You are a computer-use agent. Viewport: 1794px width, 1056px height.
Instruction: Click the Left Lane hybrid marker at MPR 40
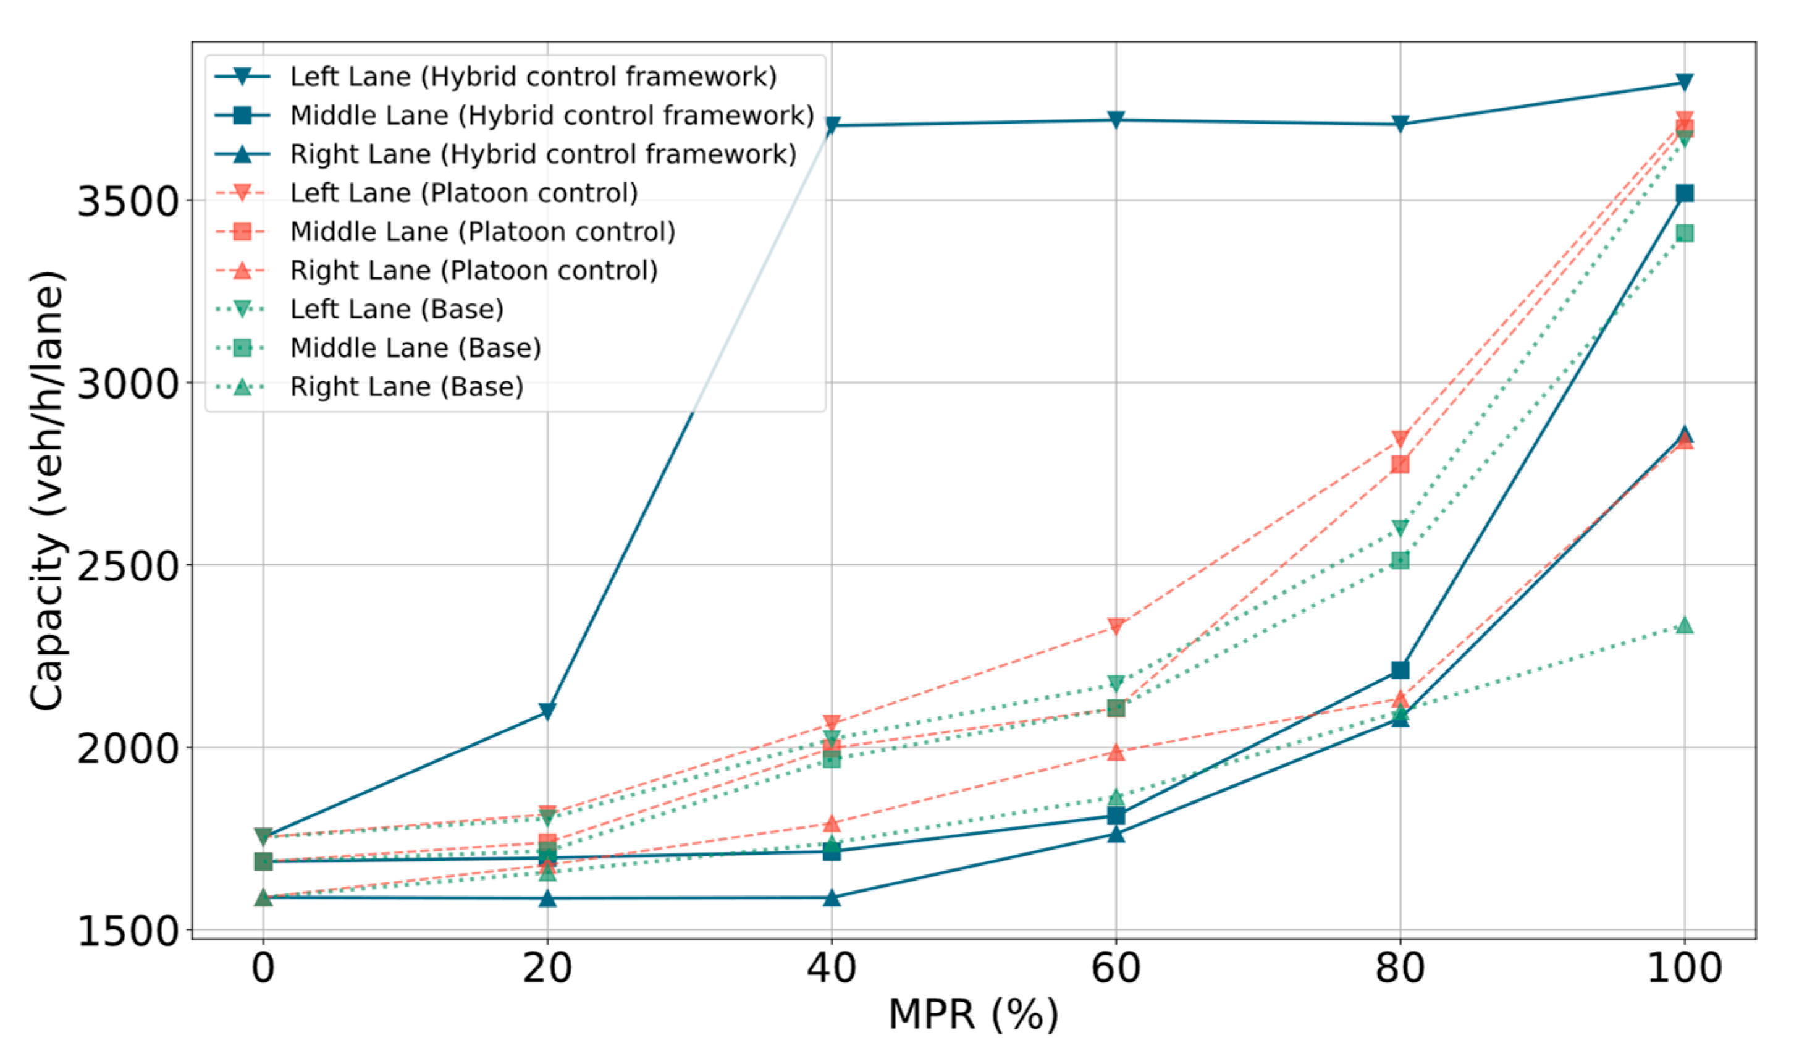click(832, 125)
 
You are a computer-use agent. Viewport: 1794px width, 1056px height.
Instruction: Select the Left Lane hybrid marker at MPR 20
click(547, 711)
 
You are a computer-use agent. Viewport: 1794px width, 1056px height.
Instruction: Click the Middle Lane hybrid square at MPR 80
click(1400, 670)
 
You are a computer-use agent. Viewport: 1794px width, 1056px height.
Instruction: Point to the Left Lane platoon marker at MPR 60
click(1116, 627)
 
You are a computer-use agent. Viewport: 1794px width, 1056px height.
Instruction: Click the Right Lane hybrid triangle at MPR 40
click(832, 897)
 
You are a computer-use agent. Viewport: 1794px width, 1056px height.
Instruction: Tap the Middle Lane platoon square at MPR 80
click(1400, 464)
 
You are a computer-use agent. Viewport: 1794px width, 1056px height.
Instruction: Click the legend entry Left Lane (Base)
click(396, 309)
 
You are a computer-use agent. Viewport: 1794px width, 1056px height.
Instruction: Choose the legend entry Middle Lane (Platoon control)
click(482, 232)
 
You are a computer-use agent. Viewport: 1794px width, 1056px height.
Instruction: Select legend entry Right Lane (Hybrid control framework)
click(542, 154)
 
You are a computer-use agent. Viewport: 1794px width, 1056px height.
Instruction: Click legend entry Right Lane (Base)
click(406, 387)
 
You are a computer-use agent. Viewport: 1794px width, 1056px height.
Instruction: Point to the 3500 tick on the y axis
click(127, 201)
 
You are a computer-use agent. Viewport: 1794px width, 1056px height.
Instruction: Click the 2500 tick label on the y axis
click(127, 566)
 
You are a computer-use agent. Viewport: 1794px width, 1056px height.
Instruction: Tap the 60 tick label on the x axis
click(1116, 968)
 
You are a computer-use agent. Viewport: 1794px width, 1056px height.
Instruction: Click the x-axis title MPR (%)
click(973, 1015)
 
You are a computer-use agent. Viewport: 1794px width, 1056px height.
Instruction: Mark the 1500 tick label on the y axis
click(127, 931)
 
